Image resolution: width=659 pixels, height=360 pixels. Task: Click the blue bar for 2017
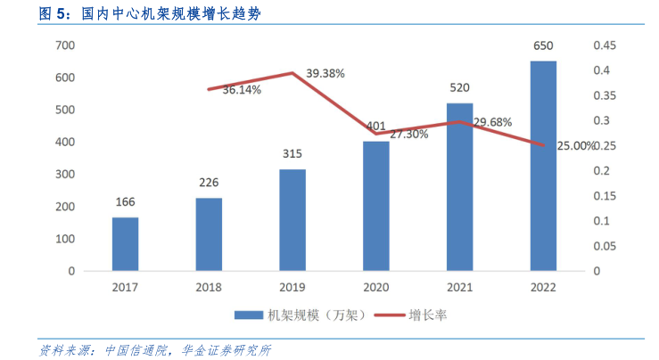tap(126, 243)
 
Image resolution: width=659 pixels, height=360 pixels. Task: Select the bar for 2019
tap(292, 219)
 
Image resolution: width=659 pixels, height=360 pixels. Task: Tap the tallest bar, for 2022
tap(543, 166)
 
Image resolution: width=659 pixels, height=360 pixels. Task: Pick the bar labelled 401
tap(376, 205)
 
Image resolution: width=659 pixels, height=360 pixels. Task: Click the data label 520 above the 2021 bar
tap(460, 87)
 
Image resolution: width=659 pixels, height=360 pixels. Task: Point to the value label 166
tap(126, 202)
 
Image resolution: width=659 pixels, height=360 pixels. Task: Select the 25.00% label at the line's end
tap(575, 145)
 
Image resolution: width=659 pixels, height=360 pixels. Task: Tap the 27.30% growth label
tap(408, 135)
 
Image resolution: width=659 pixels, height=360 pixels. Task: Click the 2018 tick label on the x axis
tap(209, 286)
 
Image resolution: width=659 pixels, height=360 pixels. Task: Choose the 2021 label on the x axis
tap(459, 286)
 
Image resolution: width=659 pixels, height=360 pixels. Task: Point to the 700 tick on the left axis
tap(65, 45)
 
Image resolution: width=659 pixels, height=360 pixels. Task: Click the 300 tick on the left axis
tap(65, 175)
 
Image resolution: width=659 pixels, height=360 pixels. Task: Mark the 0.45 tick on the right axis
tap(605, 45)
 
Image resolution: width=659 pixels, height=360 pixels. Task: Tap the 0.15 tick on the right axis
tap(605, 196)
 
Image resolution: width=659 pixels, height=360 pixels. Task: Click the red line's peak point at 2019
tap(292, 73)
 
